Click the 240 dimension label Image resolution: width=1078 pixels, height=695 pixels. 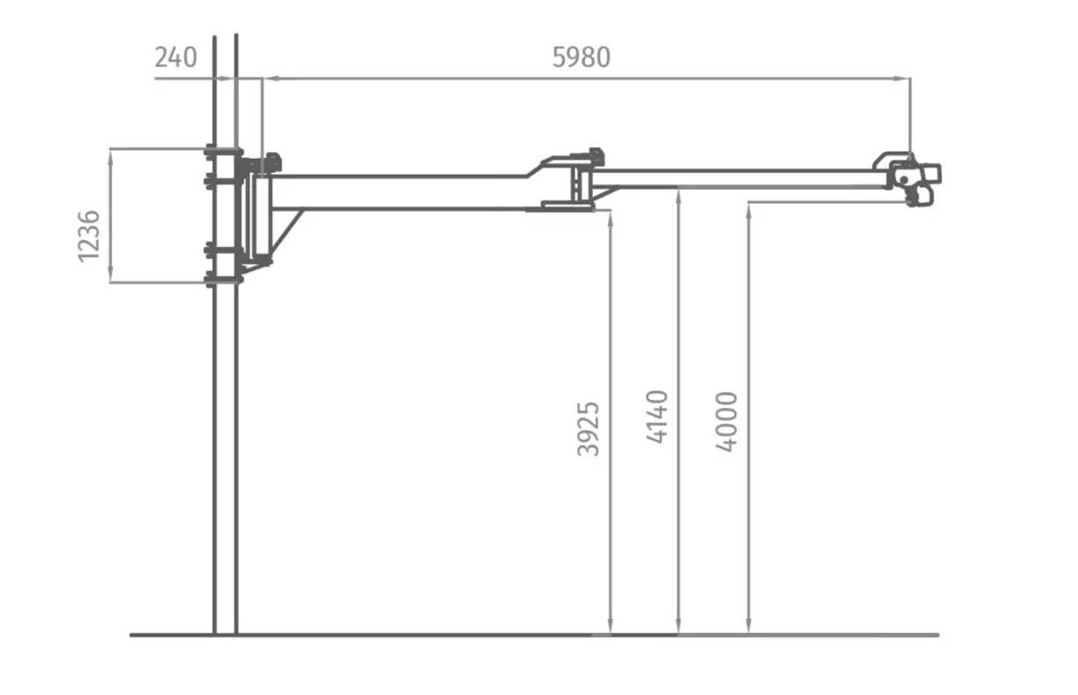176,57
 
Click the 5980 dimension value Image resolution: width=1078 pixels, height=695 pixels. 581,57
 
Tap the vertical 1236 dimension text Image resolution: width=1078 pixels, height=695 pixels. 89,236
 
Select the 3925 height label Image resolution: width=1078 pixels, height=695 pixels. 588,429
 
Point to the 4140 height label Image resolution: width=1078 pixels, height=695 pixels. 657,416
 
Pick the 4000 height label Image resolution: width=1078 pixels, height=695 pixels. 727,422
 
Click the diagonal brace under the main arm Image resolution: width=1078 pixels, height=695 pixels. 288,234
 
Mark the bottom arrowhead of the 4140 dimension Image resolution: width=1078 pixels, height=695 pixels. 678,627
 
